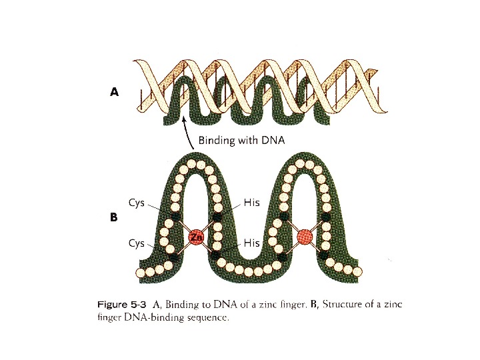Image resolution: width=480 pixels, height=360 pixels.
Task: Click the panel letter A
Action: (114, 93)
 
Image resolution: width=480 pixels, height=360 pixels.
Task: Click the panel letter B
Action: (113, 217)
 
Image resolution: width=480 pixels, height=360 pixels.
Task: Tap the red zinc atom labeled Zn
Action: (196, 237)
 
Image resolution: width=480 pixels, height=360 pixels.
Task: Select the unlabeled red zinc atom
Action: (305, 236)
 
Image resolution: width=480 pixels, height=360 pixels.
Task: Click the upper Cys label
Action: (136, 202)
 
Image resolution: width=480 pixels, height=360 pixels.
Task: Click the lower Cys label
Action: (136, 243)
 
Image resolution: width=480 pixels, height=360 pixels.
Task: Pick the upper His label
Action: (251, 202)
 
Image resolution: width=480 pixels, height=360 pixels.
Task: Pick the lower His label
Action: (251, 243)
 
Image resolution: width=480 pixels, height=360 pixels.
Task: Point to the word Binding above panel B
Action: (215, 141)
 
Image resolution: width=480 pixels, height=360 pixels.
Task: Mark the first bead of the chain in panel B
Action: (140, 273)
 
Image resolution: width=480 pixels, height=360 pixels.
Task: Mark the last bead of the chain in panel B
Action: (357, 271)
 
